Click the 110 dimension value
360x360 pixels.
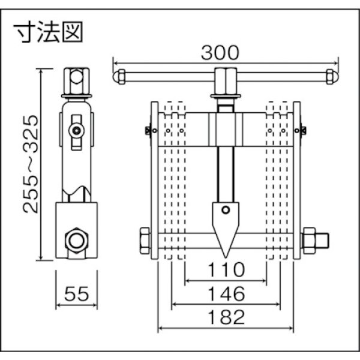point(225,269)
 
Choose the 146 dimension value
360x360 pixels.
point(225,293)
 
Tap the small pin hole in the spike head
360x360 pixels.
point(225,210)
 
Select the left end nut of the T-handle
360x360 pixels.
point(119,76)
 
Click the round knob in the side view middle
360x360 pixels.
point(76,130)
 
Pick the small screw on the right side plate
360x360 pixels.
point(304,130)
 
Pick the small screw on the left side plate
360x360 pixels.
point(146,130)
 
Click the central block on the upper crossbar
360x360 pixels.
point(225,129)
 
